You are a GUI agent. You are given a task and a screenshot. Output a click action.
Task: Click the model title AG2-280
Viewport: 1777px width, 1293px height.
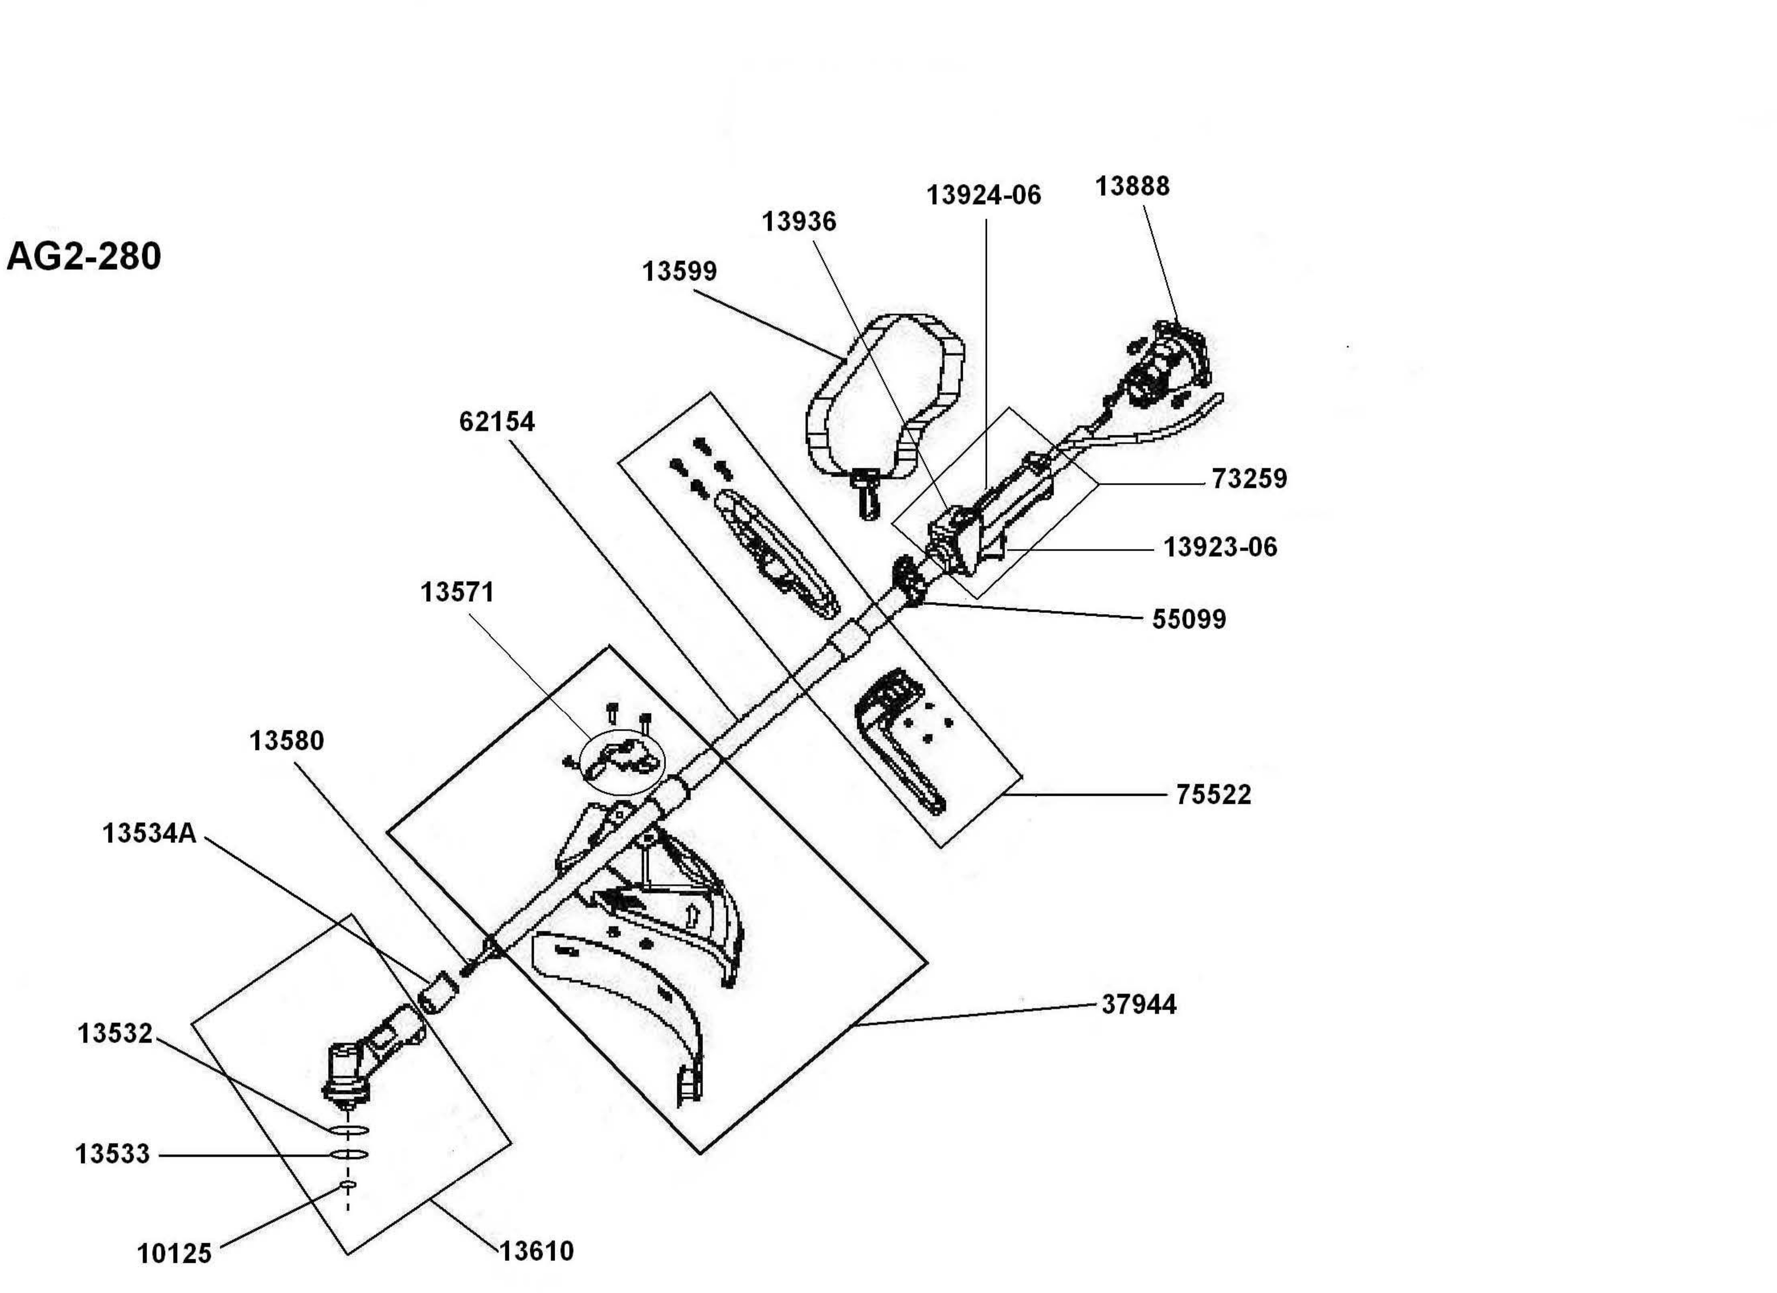(84, 256)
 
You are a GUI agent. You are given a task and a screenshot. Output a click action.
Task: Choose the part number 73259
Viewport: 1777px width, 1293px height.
(1249, 479)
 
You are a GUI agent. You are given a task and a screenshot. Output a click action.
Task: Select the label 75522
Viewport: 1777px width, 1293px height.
(1213, 795)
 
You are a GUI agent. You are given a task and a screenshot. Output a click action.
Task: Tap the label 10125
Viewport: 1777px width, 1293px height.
(174, 1254)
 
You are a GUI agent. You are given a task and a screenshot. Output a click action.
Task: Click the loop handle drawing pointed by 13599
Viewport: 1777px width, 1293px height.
(885, 400)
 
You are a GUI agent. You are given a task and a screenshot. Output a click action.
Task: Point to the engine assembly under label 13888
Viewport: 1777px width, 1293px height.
(1167, 368)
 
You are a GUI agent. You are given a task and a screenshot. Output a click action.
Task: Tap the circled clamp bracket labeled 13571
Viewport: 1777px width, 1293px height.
(623, 760)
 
